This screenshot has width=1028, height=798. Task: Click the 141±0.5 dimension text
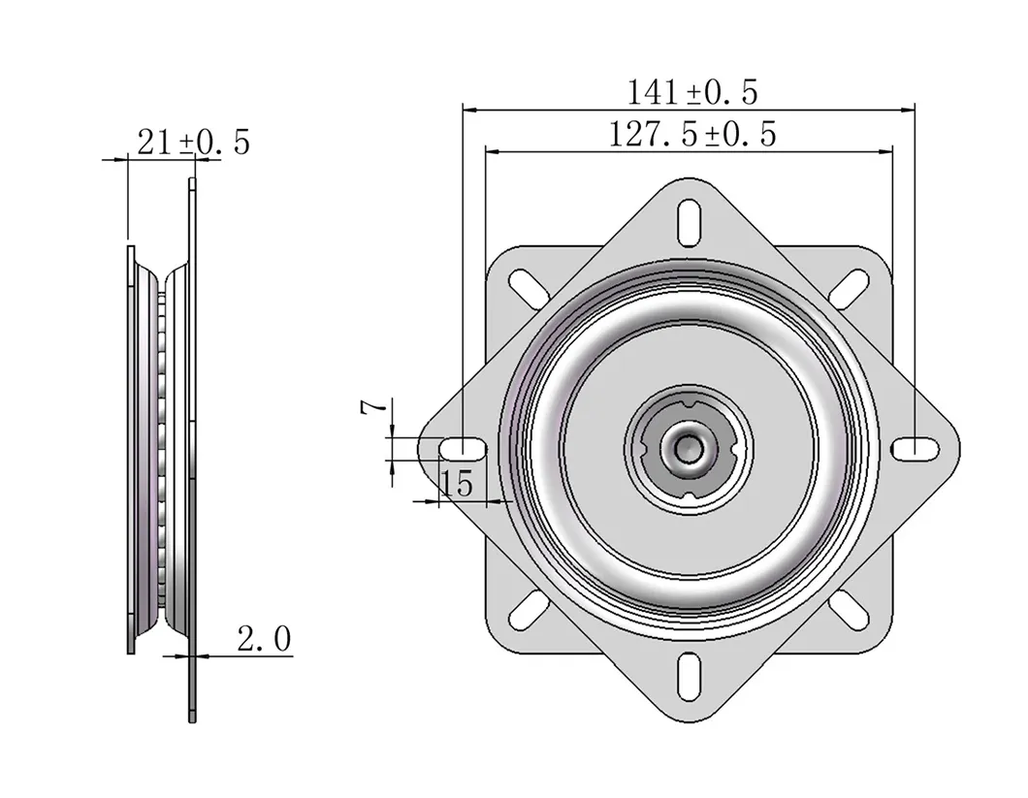coord(691,92)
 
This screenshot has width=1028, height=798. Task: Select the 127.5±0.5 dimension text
coord(691,134)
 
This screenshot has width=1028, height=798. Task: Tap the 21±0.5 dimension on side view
coord(193,143)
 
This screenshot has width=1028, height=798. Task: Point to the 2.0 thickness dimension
coord(264,638)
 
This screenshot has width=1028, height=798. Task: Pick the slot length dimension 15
coord(458,482)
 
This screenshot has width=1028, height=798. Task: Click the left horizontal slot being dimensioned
coord(463,448)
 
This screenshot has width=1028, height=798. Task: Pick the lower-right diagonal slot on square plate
coord(850,608)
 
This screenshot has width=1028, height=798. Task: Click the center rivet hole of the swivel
coord(688,448)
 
